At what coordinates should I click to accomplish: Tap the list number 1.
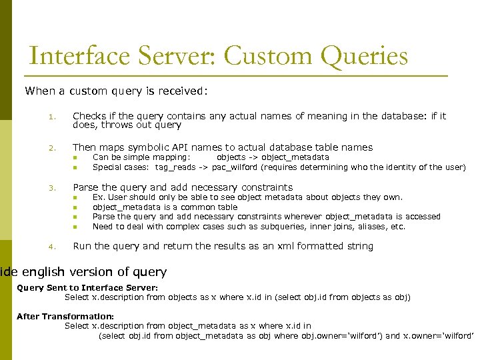pyautogui.click(x=51, y=117)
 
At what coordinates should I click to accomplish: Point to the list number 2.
pyautogui.click(x=51, y=148)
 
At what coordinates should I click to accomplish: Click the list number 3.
pyautogui.click(x=51, y=188)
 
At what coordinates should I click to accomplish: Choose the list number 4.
pyautogui.click(x=51, y=247)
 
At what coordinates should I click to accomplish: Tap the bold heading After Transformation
pyautogui.click(x=65, y=316)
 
